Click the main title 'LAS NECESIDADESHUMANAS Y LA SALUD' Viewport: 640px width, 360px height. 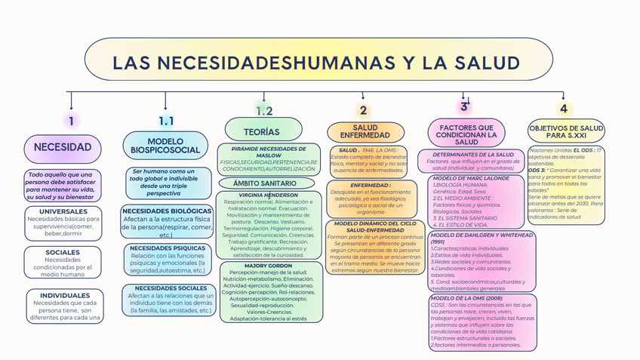pos(316,63)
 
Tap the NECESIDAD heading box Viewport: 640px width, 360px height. pos(63,147)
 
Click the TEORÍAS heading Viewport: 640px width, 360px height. pos(261,131)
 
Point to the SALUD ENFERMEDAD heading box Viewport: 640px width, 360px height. pos(365,132)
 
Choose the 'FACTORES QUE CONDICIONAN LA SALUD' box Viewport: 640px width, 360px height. pos(466,134)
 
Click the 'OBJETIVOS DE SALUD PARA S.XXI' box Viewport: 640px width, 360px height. pos(565,133)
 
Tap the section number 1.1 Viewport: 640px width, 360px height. pos(166,121)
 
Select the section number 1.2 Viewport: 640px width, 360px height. pos(263,111)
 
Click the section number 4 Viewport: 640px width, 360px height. pos(563,109)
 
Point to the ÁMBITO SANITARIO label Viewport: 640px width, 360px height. pos(264,183)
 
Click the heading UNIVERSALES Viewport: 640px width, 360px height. pos(63,211)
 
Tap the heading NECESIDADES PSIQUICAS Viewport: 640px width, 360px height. pos(167,248)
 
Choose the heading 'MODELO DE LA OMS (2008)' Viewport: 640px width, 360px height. pos(460,298)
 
